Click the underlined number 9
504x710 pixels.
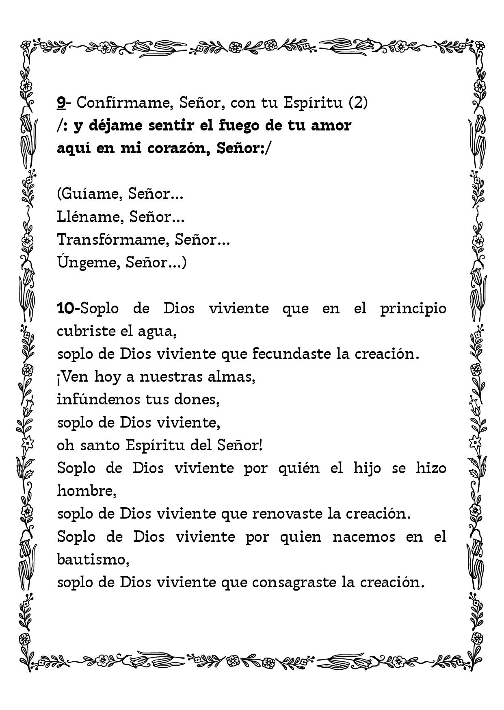tap(61, 103)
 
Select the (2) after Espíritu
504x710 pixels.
tap(358, 103)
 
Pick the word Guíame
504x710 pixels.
tap(91, 194)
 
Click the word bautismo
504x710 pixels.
tap(92, 560)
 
